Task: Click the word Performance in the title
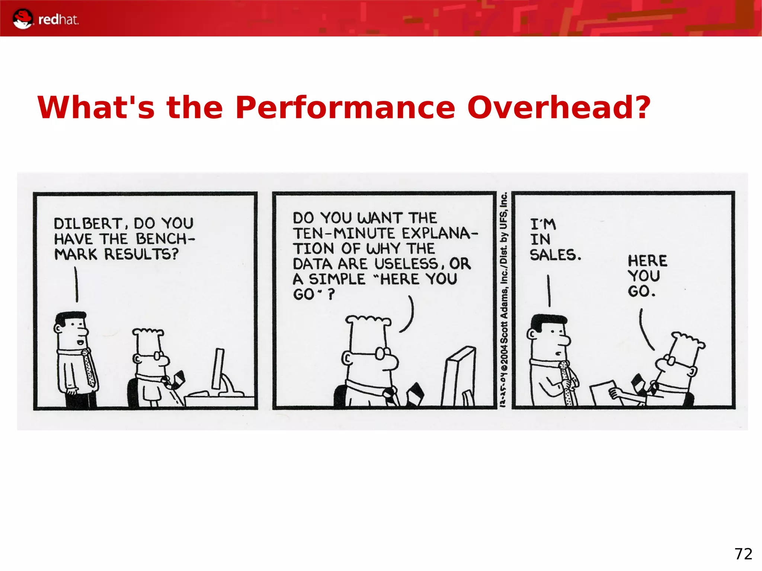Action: pos(345,108)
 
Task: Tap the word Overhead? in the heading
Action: pos(559,108)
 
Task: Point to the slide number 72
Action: pos(743,554)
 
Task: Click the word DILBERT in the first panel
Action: pos(88,224)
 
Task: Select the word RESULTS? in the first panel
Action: pos(141,254)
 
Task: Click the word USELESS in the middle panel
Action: pos(407,264)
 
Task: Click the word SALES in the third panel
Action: pos(554,255)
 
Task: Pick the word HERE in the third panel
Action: pos(647,261)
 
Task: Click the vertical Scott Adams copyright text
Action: pos(503,299)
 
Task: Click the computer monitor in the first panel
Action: pos(219,368)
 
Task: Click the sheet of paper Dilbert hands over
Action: pos(603,392)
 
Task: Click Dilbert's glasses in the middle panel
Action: pos(382,353)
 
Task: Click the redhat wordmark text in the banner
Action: pos(58,20)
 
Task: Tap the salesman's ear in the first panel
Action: pos(58,328)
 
